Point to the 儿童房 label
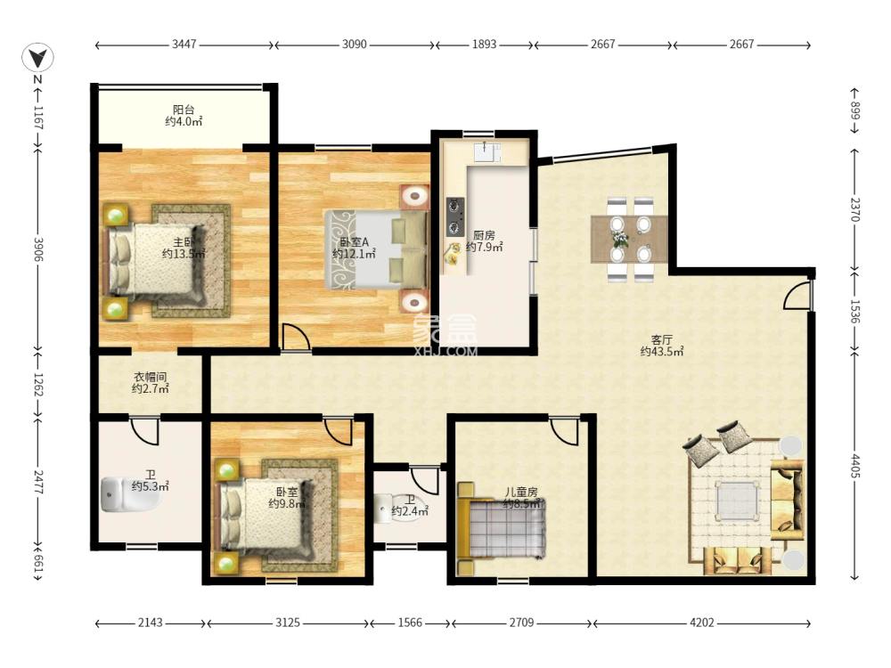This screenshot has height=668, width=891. [521, 492]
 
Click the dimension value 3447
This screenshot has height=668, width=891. [184, 44]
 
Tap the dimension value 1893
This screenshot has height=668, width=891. [485, 44]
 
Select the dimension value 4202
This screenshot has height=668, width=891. [702, 623]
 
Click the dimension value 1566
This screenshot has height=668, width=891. [410, 623]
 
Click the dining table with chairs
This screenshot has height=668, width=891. [629, 238]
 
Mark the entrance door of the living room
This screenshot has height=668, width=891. [798, 296]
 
